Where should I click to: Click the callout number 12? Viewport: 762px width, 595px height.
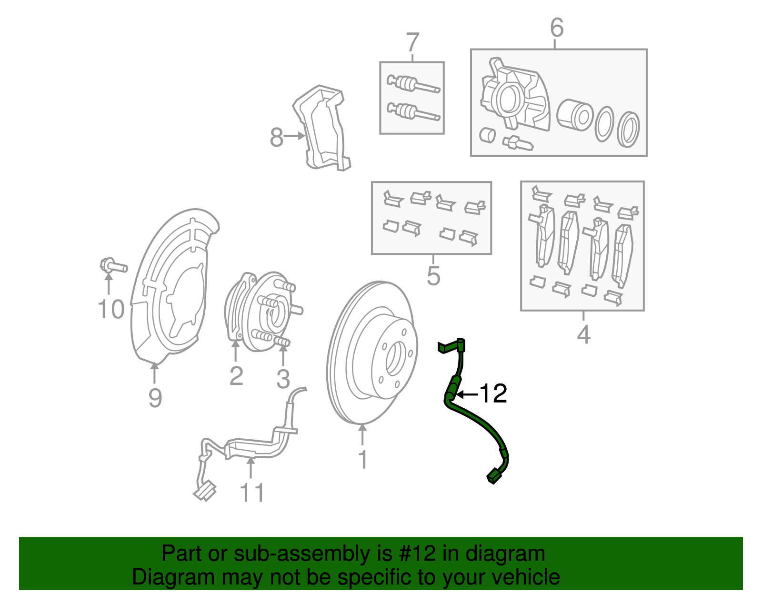pyautogui.click(x=493, y=393)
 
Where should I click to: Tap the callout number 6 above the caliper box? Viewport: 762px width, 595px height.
pyautogui.click(x=556, y=28)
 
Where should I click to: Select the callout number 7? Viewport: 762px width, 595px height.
pyautogui.click(x=412, y=42)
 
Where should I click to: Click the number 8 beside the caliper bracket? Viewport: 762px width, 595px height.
pyautogui.click(x=276, y=138)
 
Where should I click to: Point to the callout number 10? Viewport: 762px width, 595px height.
pyautogui.click(x=111, y=310)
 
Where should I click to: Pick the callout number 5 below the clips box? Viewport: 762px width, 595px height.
pyautogui.click(x=433, y=276)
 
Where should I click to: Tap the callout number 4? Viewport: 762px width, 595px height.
pyautogui.click(x=583, y=334)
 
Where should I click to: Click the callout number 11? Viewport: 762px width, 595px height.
pyautogui.click(x=251, y=493)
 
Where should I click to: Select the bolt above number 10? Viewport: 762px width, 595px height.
pyautogui.click(x=113, y=265)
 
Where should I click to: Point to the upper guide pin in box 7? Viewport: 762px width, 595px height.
pyautogui.click(x=412, y=84)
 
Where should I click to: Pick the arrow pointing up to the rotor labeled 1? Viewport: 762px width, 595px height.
pyautogui.click(x=363, y=434)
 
